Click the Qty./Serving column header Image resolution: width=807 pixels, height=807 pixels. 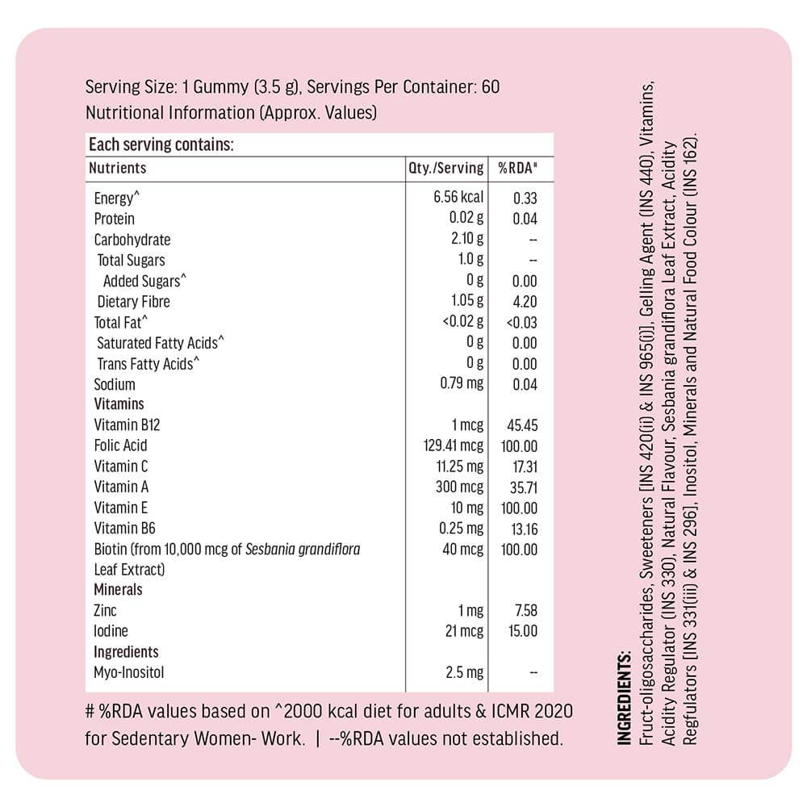point(446,169)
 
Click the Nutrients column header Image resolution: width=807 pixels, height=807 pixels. point(118,168)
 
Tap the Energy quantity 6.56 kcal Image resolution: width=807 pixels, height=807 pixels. point(458,198)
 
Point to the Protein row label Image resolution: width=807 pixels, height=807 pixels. point(115,219)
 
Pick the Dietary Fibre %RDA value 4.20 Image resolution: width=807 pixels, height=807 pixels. point(525,302)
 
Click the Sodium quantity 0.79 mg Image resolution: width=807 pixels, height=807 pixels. point(462,383)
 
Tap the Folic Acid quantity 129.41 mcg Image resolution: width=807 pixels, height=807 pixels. point(453,445)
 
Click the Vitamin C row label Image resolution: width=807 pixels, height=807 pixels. point(121,466)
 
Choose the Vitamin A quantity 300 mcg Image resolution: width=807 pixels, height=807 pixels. point(459,487)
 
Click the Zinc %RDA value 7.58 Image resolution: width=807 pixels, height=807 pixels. point(526,611)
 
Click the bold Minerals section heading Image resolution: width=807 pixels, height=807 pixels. point(118,590)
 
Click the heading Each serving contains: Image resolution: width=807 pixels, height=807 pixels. point(161,145)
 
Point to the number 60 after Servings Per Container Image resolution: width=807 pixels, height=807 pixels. point(491,87)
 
